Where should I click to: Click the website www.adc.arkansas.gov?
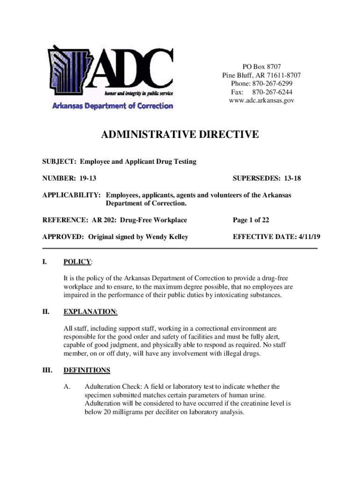click(261, 101)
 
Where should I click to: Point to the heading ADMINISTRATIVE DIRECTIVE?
click(180, 135)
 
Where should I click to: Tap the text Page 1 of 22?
click(251, 220)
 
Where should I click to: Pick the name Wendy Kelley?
click(167, 237)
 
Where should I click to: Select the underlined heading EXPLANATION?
click(90, 312)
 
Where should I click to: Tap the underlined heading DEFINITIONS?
click(87, 370)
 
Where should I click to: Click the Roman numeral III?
click(48, 370)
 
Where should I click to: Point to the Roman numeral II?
click(46, 312)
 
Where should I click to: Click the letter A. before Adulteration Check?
click(67, 386)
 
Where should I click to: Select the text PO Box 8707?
click(261, 67)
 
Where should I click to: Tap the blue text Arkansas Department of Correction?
click(112, 106)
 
